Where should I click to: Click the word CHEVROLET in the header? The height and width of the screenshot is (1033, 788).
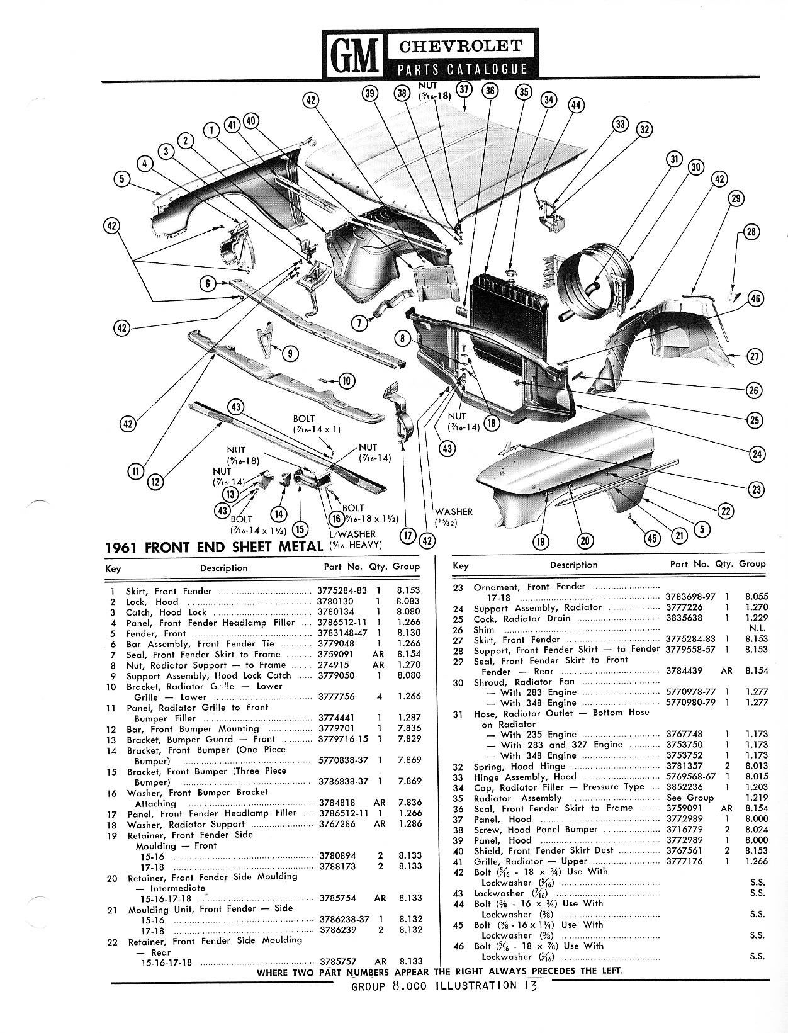click(x=461, y=46)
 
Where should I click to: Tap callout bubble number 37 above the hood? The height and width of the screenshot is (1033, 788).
click(x=464, y=91)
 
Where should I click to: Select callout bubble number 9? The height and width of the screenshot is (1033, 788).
click(x=290, y=353)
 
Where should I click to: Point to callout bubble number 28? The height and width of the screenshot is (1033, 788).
click(x=751, y=232)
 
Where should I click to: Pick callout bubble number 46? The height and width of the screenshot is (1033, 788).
click(x=755, y=299)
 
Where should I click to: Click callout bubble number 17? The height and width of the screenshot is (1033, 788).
click(x=407, y=535)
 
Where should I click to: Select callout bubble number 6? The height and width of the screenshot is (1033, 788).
click(x=208, y=284)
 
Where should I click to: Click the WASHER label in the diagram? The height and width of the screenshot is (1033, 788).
click(x=454, y=511)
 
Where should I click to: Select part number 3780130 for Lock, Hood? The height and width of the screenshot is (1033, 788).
click(x=335, y=601)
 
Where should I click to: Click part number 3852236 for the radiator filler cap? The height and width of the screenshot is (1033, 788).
click(x=685, y=787)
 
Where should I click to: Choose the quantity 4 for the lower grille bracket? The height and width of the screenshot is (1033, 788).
click(x=379, y=696)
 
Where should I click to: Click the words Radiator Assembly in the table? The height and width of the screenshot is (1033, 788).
click(x=517, y=798)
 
